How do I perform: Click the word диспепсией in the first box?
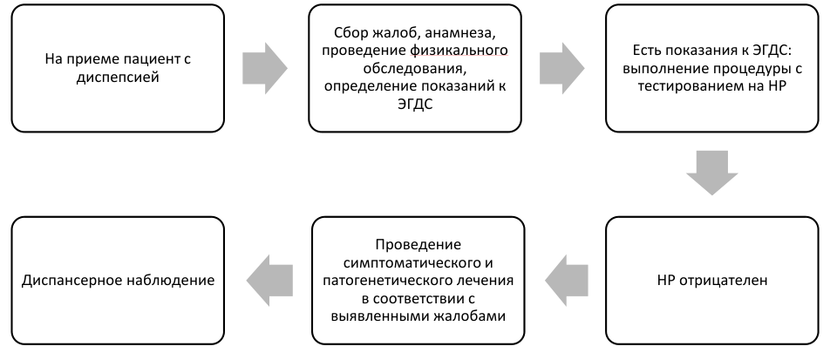click(x=118, y=78)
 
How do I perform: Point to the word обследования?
click(x=415, y=69)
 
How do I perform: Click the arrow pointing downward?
click(x=712, y=173)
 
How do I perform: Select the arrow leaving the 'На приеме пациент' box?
click(x=265, y=68)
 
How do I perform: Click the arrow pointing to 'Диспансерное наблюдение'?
click(x=269, y=280)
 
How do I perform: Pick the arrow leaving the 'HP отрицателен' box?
click(x=567, y=280)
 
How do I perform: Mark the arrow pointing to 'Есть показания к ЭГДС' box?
click(x=562, y=68)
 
